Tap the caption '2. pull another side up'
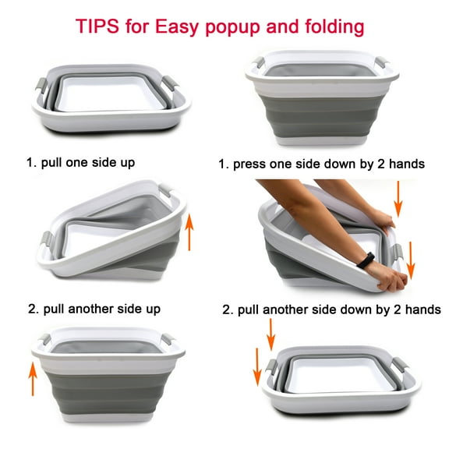coord(94,309)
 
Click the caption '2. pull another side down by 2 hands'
coord(331,309)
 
